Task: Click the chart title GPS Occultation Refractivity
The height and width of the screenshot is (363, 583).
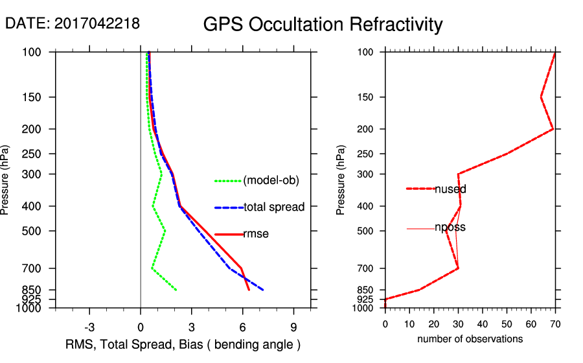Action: click(323, 25)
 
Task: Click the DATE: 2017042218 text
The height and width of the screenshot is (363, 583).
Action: click(73, 23)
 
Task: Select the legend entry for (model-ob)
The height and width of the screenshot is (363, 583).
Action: click(271, 181)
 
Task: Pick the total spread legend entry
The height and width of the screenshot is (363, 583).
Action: click(274, 207)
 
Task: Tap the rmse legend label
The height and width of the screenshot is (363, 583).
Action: click(255, 234)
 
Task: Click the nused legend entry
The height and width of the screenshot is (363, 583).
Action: click(450, 189)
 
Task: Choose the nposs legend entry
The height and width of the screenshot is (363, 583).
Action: click(450, 228)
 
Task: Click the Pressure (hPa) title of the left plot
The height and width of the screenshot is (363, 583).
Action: click(6, 180)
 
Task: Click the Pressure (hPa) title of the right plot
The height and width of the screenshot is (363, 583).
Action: click(341, 180)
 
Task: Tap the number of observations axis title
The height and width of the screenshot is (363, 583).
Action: click(470, 339)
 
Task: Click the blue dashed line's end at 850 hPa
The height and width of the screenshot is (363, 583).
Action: click(263, 290)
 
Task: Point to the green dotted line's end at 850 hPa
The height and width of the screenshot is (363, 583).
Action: click(176, 290)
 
